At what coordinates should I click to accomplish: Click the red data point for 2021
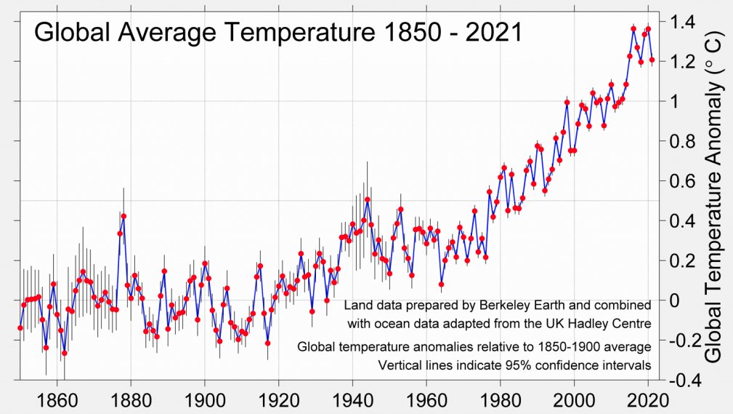tap(652, 60)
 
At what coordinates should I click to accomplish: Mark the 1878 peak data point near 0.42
tap(123, 216)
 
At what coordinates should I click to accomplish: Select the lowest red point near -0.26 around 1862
tap(64, 353)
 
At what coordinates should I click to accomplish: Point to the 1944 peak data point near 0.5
tap(367, 199)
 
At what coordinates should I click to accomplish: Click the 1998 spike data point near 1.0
tap(567, 102)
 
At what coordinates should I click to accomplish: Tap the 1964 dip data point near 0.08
tap(441, 284)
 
